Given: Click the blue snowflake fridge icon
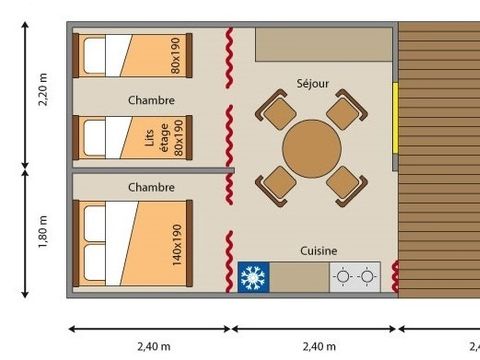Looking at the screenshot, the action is pyautogui.click(x=253, y=277).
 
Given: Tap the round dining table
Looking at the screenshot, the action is pyautogui.click(x=312, y=149).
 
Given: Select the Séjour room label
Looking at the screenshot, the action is pyautogui.click(x=313, y=83).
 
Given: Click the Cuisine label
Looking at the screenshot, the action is pyautogui.click(x=319, y=251).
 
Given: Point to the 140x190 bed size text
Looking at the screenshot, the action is pyautogui.click(x=177, y=245).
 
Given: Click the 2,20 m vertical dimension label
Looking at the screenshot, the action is pyautogui.click(x=43, y=89).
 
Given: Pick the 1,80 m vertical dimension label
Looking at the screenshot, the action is pyautogui.click(x=43, y=232).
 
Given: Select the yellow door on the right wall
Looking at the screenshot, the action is pyautogui.click(x=395, y=118).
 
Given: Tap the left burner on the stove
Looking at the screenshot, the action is pyautogui.click(x=343, y=277).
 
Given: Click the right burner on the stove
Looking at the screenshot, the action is pyautogui.click(x=367, y=277).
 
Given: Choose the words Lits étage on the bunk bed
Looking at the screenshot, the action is pyautogui.click(x=157, y=138).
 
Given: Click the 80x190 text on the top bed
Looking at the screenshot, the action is pyautogui.click(x=175, y=55).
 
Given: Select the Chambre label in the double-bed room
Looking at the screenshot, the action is pyautogui.click(x=151, y=187).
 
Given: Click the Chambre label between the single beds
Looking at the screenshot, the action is pyautogui.click(x=151, y=100).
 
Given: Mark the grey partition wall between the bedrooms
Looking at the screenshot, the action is pyautogui.click(x=153, y=170).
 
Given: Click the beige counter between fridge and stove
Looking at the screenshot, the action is pyautogui.click(x=299, y=277).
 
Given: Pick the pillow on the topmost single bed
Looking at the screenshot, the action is pyautogui.click(x=94, y=55).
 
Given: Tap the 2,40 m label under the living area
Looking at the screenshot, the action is pyautogui.click(x=319, y=347).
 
